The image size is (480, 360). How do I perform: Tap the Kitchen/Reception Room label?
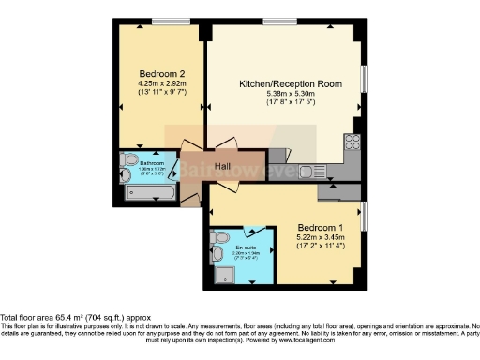[290, 83]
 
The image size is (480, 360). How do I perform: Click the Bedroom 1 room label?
[321, 228]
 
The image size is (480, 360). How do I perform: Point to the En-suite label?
[246, 248]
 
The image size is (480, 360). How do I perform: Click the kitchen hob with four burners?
[352, 142]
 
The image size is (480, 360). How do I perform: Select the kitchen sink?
[320, 172]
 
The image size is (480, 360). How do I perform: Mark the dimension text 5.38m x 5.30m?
[290, 95]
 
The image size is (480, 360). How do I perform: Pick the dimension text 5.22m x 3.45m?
[321, 239]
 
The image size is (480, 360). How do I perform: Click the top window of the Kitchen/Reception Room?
[279, 21]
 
